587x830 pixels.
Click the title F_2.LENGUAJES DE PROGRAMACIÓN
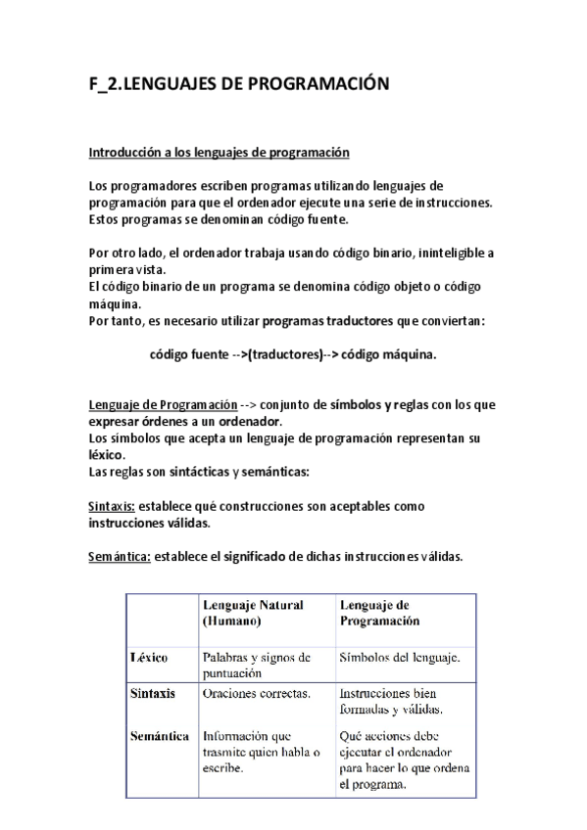pos(239,85)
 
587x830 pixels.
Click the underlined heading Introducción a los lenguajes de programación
pos(219,153)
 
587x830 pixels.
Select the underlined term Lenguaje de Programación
pos(163,405)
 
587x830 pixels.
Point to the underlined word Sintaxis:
pos(112,506)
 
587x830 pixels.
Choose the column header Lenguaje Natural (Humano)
pos(253,613)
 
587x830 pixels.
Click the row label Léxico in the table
pos(149,658)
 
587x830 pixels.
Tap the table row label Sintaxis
pos(153,693)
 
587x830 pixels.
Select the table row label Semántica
pos(159,736)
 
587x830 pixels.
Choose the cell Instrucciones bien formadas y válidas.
pos(390,701)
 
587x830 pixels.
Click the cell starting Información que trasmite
pos(260,752)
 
